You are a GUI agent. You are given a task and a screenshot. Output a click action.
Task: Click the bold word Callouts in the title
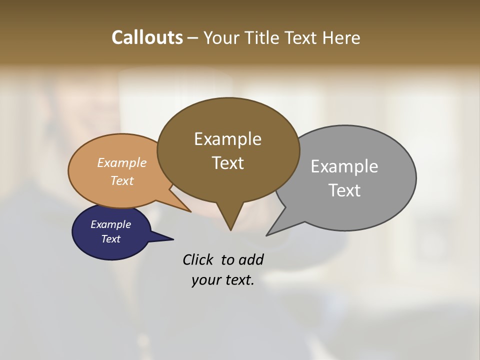(147, 38)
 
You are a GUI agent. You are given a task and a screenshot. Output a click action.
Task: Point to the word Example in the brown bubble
(227, 139)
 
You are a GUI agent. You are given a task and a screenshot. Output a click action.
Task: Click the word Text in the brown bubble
(227, 163)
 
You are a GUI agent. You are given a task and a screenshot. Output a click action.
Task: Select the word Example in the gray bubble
(344, 166)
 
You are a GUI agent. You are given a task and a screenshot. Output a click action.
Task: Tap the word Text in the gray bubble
(344, 190)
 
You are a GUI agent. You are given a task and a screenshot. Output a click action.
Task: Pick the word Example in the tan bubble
(122, 163)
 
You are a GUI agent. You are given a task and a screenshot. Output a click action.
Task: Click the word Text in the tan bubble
(122, 180)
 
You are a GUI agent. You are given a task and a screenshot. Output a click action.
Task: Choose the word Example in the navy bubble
(110, 224)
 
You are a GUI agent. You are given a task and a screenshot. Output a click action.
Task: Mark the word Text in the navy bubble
(110, 239)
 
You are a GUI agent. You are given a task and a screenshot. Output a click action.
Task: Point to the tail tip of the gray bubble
(267, 235)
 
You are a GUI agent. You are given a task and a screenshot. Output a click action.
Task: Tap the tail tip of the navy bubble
(173, 239)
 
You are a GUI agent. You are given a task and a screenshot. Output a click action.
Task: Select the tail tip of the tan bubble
(190, 211)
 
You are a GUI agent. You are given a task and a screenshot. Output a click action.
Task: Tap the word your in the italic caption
(206, 280)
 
